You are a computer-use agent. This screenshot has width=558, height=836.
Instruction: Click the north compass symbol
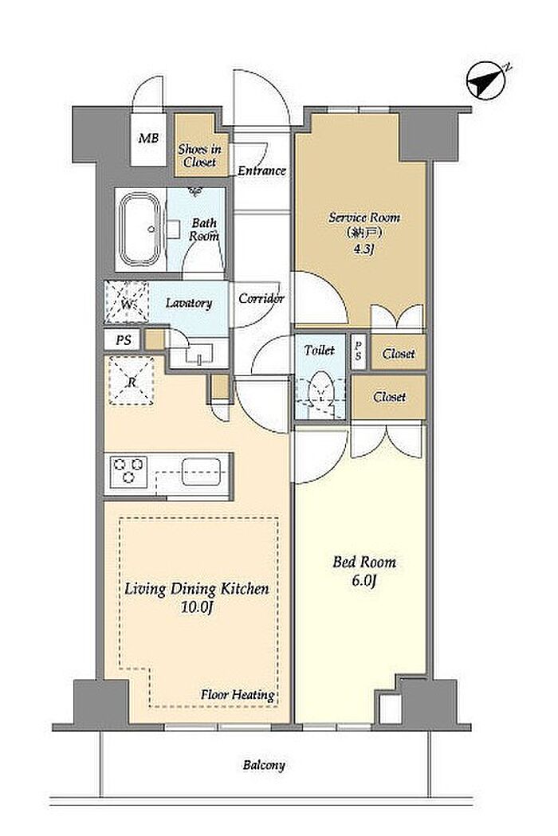click(x=486, y=81)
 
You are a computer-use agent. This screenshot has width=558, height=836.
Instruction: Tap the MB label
click(x=148, y=139)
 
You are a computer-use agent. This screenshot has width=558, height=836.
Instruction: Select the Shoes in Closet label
click(x=199, y=155)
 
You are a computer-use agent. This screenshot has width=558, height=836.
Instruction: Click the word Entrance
click(x=262, y=171)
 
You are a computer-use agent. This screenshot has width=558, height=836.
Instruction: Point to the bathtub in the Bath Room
click(x=140, y=230)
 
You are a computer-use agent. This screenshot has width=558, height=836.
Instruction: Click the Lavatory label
click(x=189, y=304)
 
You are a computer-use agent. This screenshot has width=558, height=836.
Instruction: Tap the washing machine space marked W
click(x=127, y=302)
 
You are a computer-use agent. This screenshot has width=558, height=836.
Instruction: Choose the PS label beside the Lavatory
click(x=124, y=340)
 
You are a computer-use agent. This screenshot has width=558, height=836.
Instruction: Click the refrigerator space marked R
click(x=131, y=381)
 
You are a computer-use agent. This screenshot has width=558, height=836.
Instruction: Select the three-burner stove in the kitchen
click(x=128, y=470)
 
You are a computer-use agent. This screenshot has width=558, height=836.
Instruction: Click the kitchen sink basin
click(x=201, y=471)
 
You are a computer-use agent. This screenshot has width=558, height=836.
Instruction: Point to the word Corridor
click(x=261, y=299)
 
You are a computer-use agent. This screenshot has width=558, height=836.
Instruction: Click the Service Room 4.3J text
click(x=364, y=233)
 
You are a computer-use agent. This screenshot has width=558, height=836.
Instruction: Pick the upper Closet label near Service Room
click(x=399, y=354)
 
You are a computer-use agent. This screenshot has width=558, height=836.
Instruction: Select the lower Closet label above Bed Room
click(x=390, y=397)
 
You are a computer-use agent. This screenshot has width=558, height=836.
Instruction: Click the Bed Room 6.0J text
click(x=364, y=571)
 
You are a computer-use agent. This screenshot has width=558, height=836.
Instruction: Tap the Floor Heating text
click(x=238, y=695)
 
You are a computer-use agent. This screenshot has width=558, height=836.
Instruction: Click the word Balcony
click(x=264, y=766)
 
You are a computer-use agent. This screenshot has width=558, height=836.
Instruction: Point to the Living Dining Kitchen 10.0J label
click(x=197, y=598)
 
